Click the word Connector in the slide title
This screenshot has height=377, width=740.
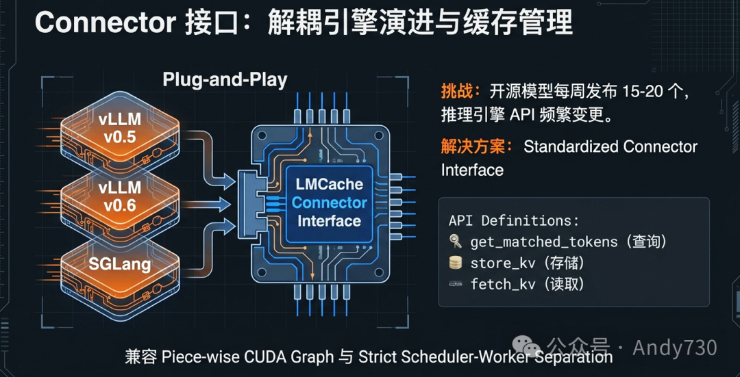point(106,23)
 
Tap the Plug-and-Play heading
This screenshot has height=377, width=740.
point(225,79)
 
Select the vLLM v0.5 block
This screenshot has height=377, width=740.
point(120,128)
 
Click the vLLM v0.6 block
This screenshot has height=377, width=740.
point(120,196)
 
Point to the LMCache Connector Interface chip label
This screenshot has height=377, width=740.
point(329,203)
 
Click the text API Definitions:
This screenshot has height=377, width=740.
point(513,220)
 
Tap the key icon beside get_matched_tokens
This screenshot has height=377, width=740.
point(455,242)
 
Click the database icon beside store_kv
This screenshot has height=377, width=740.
point(455,263)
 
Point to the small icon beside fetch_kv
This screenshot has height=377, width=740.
point(455,284)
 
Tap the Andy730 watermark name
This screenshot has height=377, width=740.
point(674,348)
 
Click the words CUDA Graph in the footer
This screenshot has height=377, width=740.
point(301,357)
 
